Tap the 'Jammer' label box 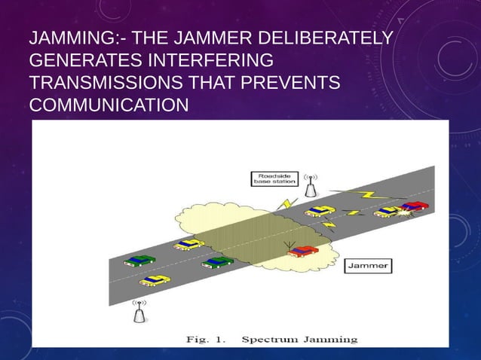pos(368,265)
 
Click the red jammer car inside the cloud pos(303,249)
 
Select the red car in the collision pos(414,205)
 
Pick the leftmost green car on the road pos(140,259)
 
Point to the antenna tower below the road pos(139,312)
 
